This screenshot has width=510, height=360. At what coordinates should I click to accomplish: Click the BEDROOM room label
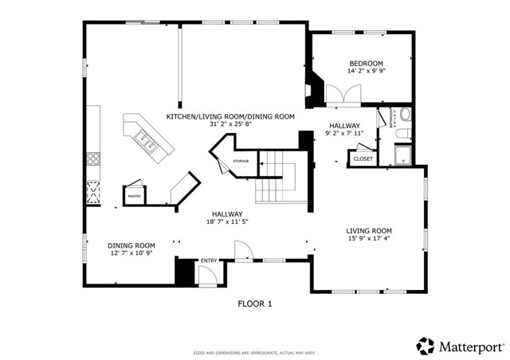(x=366, y=64)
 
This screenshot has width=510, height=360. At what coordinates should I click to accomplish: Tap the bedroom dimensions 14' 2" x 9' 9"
(x=366, y=72)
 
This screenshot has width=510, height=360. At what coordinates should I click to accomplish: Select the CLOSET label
(x=363, y=159)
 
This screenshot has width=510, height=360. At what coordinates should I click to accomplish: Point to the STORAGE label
(x=241, y=162)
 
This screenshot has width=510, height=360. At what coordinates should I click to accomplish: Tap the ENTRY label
(x=209, y=261)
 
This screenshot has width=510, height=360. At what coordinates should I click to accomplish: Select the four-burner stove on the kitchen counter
(x=93, y=157)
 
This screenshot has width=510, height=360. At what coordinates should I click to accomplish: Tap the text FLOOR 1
(x=255, y=303)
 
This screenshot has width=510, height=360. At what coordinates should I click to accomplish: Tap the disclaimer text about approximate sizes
(x=255, y=352)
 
